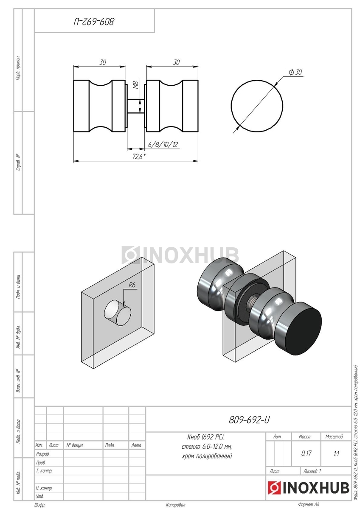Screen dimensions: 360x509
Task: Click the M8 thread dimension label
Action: [136, 85]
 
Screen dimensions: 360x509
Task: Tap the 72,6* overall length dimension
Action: [139, 157]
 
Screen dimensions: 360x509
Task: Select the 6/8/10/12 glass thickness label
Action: [163, 144]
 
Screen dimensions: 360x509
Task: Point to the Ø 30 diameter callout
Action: [295, 72]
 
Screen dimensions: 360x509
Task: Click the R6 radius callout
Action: [132, 285]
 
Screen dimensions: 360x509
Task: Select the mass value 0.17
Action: [306, 453]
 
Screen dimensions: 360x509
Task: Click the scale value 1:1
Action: [336, 453]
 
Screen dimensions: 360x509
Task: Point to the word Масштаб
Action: [334, 436]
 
